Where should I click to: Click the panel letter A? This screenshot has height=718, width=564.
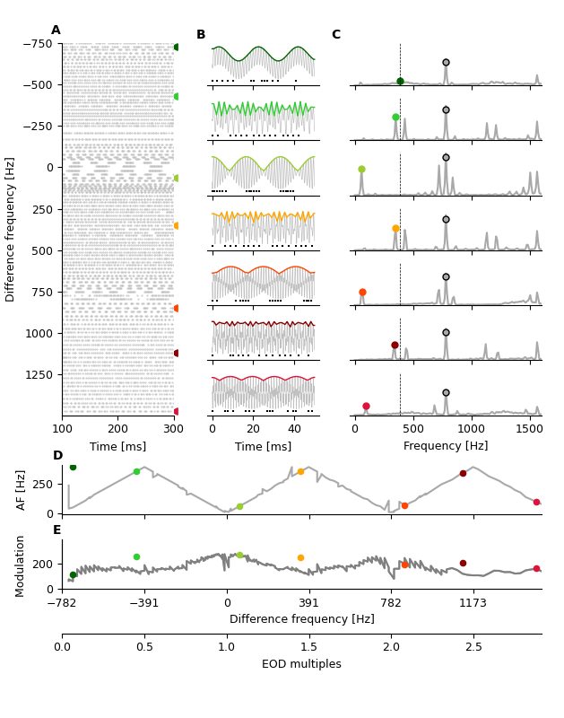click(x=56, y=31)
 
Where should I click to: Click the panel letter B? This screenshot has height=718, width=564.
click(x=201, y=35)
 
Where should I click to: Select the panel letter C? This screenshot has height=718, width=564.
click(x=335, y=35)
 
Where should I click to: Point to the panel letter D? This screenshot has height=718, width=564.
click(x=57, y=456)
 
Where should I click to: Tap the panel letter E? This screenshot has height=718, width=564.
click(x=56, y=530)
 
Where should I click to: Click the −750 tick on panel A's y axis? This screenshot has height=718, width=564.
click(x=36, y=44)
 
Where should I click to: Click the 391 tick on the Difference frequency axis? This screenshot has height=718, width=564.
click(x=308, y=602)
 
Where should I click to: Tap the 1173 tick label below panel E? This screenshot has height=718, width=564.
click(x=473, y=602)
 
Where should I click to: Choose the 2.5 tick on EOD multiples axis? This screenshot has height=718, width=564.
click(x=473, y=646)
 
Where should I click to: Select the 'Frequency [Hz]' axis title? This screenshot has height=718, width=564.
click(x=446, y=445)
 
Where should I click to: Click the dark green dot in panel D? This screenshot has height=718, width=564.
click(x=73, y=467)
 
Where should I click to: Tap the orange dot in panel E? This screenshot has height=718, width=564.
click(x=300, y=557)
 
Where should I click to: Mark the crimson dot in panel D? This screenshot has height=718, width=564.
click(x=536, y=502)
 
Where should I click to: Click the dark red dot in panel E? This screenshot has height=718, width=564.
click(x=463, y=563)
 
